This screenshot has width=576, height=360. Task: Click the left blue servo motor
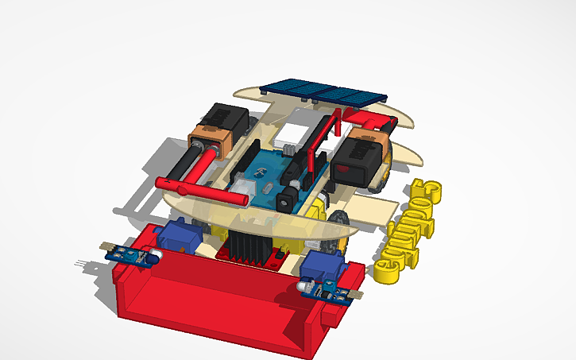[x=174, y=236]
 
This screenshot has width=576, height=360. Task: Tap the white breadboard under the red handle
[x=296, y=130]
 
